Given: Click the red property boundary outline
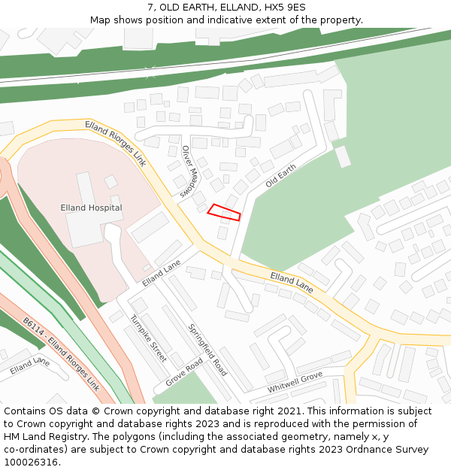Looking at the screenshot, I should click(x=224, y=212).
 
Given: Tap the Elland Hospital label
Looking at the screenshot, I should click(x=91, y=208).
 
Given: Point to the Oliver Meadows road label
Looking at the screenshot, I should click(x=189, y=171).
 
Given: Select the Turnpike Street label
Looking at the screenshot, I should click(x=148, y=338).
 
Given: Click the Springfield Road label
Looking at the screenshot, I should click(x=207, y=350).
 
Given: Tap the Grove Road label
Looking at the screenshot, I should click(x=184, y=371).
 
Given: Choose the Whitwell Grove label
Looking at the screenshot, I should click(x=295, y=382).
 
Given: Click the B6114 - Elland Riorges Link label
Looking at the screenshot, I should click(x=61, y=353).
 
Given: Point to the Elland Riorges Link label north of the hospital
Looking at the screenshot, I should click(x=115, y=143).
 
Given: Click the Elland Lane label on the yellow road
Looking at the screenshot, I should click(x=292, y=283).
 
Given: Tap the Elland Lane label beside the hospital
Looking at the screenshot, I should click(x=162, y=273).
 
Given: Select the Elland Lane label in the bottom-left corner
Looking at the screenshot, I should click(x=29, y=366).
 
